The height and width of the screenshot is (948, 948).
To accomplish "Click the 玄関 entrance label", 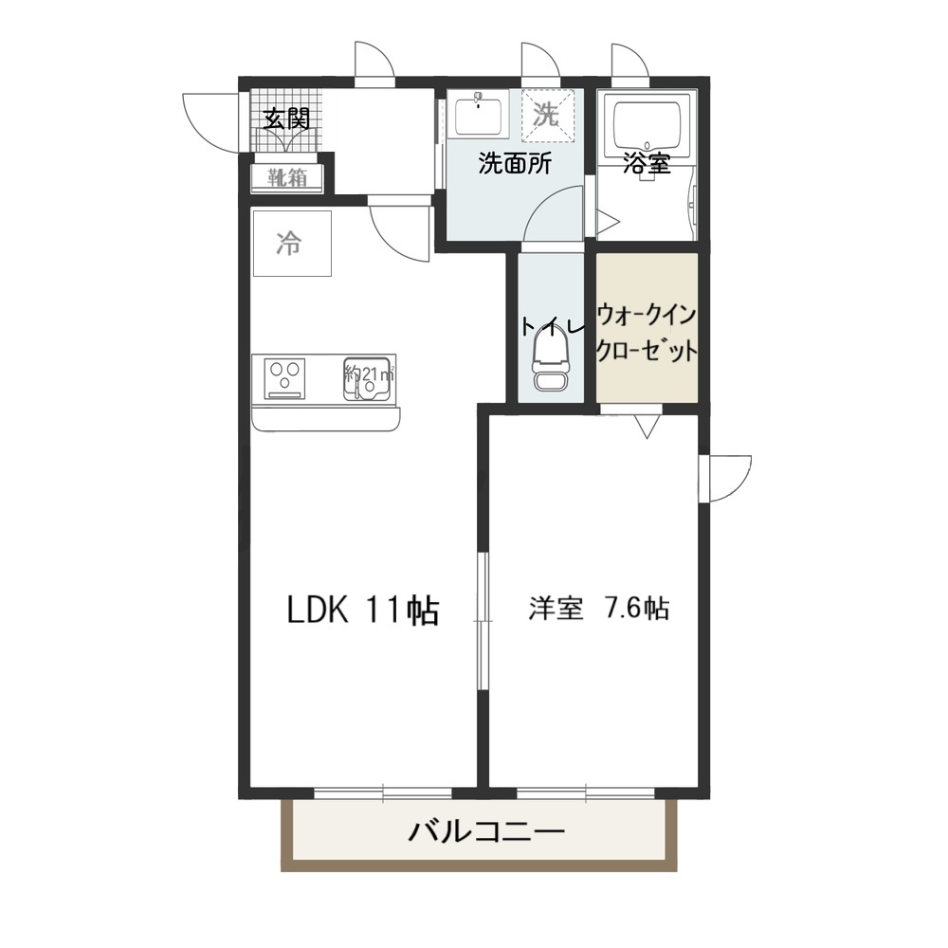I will (x=285, y=119).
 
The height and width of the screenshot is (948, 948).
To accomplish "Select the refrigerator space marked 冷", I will (x=291, y=244).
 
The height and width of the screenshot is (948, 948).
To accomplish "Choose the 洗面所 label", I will (x=514, y=163).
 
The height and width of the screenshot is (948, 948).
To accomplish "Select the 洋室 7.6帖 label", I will (x=598, y=609).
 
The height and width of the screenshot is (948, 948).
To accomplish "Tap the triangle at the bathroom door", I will (x=607, y=222).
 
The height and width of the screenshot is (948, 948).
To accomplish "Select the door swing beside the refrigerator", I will (x=398, y=228).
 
